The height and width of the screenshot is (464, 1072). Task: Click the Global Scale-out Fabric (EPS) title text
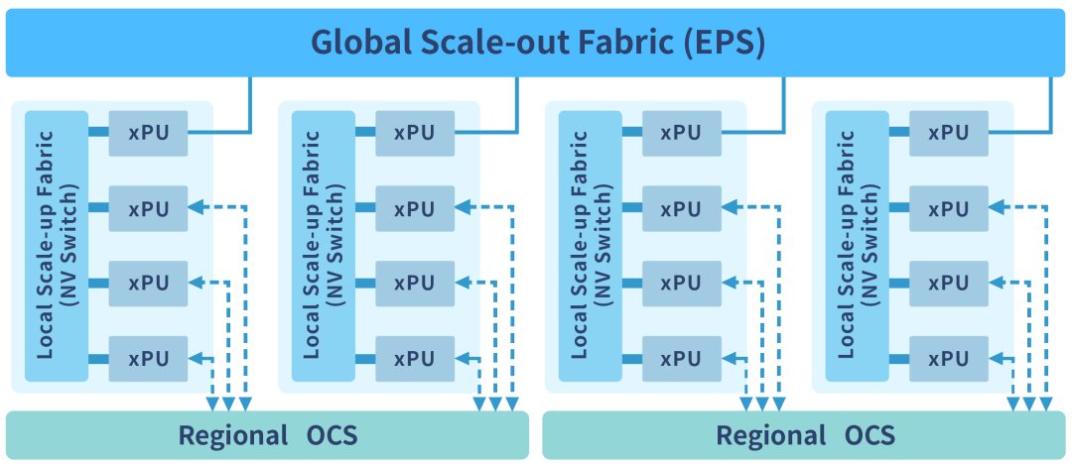537,43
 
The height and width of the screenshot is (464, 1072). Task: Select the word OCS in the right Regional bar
871,435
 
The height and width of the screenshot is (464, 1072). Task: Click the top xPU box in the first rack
149,133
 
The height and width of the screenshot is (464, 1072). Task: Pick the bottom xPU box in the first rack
149,358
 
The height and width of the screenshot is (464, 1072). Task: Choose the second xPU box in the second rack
415,208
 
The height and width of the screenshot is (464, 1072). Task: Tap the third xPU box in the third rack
682,284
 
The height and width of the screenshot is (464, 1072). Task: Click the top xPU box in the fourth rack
949,133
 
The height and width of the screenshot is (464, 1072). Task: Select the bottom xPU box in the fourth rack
949,358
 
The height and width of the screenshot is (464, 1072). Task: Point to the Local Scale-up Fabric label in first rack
56,245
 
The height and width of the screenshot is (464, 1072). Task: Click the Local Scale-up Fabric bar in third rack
590,245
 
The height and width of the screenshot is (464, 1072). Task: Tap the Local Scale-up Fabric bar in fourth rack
856,245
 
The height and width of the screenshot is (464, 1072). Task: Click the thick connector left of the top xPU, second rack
365,132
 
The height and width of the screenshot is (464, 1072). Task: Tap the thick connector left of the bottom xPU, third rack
631,358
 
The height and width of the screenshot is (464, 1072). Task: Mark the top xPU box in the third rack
682,133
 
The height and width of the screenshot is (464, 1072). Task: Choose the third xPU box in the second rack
415,284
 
